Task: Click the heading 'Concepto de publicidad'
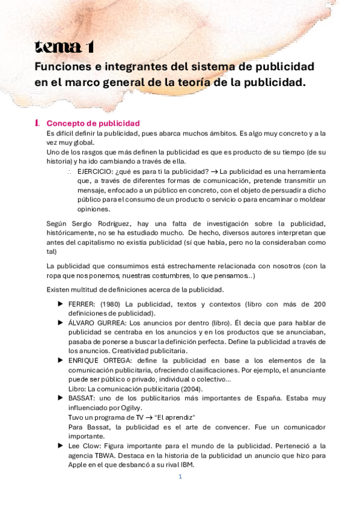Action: tap(93, 123)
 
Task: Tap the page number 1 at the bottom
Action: tap(180, 477)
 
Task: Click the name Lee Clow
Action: tap(84, 446)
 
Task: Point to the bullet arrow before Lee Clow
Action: tap(60, 446)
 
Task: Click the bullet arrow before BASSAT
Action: tap(60, 398)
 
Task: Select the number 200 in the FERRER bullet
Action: tap(319, 304)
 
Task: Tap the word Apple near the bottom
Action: tap(79, 465)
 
